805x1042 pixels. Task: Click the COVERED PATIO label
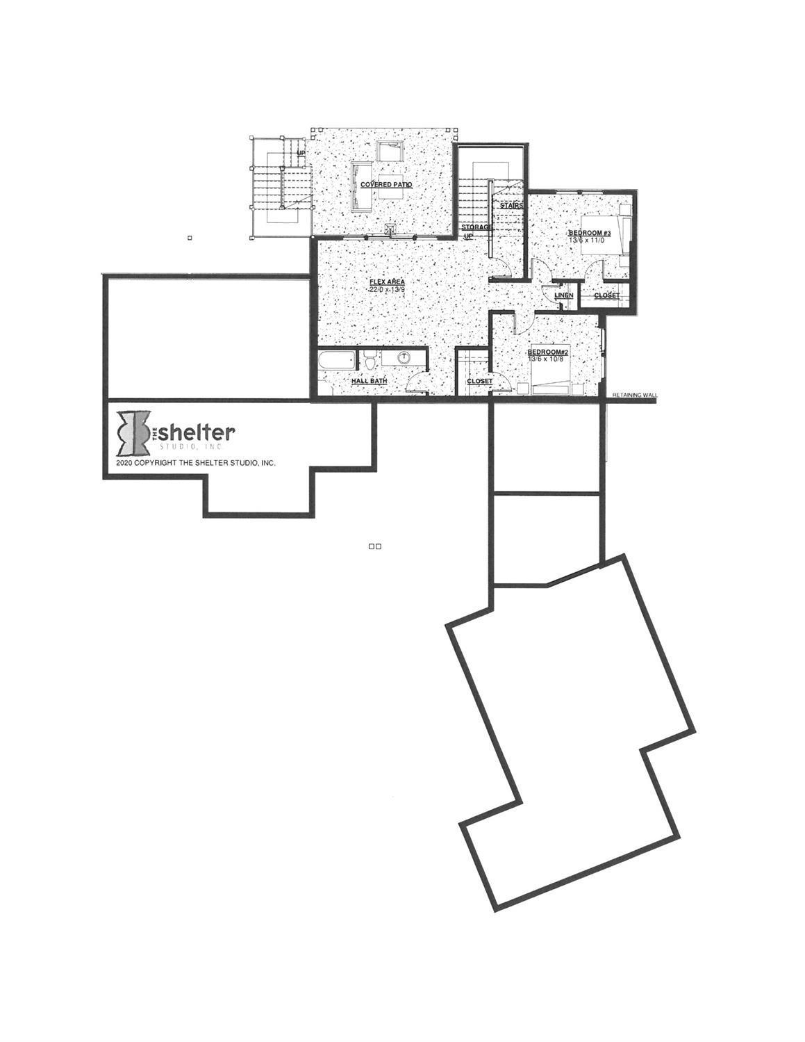(386, 185)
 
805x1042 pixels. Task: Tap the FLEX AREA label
(386, 282)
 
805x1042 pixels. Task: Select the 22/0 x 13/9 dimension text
(386, 289)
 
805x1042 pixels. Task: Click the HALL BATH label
(369, 381)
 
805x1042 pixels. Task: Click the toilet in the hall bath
(370, 361)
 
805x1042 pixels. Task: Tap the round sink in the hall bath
(403, 359)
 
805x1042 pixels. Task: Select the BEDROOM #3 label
(589, 232)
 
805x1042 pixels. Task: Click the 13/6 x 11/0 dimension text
(589, 240)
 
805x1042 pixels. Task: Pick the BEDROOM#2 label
(548, 352)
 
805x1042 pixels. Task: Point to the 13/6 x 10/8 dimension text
(548, 359)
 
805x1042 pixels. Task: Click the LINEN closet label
(564, 295)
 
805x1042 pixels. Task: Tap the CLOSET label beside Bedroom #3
(606, 295)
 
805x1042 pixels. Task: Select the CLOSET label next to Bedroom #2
(479, 382)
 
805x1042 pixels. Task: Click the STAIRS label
(511, 206)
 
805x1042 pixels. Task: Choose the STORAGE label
(477, 227)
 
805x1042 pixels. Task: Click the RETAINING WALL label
(635, 395)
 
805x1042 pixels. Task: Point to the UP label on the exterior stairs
(301, 153)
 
